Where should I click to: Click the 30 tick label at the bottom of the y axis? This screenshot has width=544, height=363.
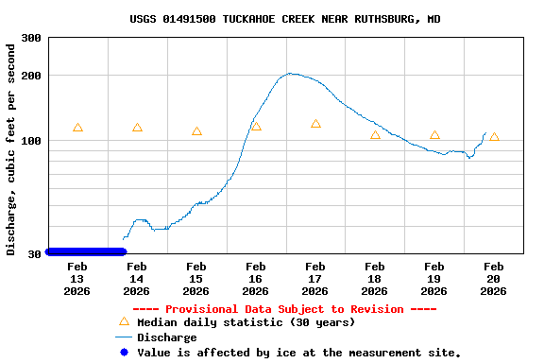click(x=34, y=253)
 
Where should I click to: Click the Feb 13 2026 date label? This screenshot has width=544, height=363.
click(x=77, y=278)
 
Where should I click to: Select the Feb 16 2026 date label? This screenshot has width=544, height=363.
click(x=256, y=278)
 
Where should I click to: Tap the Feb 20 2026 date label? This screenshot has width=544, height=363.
click(x=494, y=278)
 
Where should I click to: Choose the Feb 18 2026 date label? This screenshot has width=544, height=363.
click(x=375, y=278)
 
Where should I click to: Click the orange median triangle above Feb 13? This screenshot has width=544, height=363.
click(x=77, y=128)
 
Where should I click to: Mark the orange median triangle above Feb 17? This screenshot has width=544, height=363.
click(x=315, y=124)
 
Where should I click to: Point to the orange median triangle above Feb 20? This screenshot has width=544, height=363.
click(x=494, y=137)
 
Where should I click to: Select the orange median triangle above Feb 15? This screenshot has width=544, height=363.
click(x=196, y=131)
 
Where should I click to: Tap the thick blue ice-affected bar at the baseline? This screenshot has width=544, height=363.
click(x=85, y=251)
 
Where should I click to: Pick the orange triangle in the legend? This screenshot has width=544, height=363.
click(x=123, y=321)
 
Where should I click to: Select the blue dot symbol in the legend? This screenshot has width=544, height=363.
click(x=123, y=353)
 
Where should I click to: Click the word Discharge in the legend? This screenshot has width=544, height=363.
click(x=167, y=337)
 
